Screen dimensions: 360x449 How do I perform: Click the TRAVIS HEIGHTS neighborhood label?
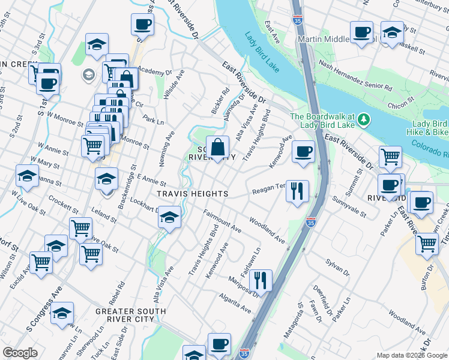pyautogui.click(x=192, y=194)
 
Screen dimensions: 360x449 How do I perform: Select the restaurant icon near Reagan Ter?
pyautogui.click(x=297, y=192)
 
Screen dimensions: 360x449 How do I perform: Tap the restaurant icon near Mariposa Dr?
pyautogui.click(x=261, y=280)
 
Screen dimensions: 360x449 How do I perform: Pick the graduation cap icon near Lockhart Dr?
pyautogui.click(x=170, y=217)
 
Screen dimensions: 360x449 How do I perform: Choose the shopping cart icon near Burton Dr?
pyautogui.click(x=427, y=244)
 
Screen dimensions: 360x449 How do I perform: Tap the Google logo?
pyautogui.click(x=20, y=353)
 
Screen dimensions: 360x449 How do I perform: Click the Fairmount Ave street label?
pyautogui.click(x=222, y=221)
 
